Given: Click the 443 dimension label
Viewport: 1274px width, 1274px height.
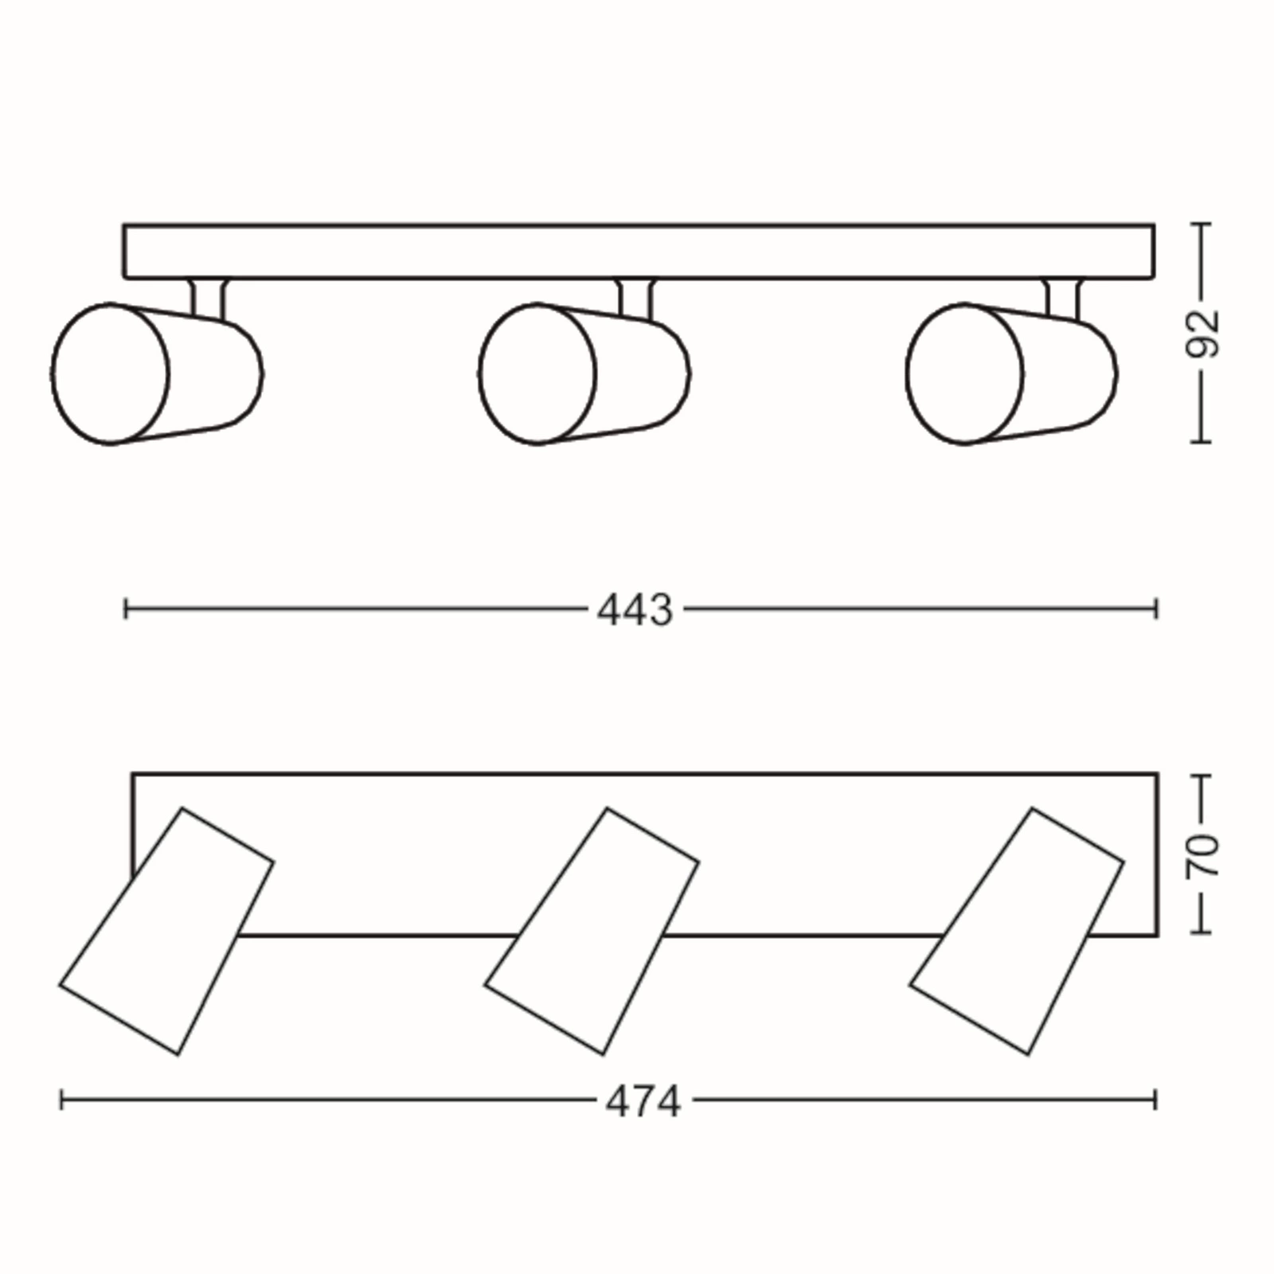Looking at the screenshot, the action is pos(635,611).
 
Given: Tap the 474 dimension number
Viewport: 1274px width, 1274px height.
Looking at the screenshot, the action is pos(643,1103).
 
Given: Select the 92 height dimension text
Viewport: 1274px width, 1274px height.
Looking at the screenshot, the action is pos(1203,332).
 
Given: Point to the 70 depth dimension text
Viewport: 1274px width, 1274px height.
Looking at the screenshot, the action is pos(1203,855).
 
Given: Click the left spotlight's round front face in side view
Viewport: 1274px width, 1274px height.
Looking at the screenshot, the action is pos(110,373).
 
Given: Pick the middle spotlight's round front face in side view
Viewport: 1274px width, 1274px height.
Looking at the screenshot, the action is pos(537,373).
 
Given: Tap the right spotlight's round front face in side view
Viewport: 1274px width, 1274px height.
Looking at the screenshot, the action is pos(964,373).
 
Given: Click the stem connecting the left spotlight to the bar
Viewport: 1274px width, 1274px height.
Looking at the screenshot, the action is pos(208,299).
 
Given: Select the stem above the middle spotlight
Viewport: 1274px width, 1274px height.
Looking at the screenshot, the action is pos(635,299).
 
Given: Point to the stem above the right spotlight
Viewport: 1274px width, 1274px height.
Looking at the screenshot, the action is pos(1063,299).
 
